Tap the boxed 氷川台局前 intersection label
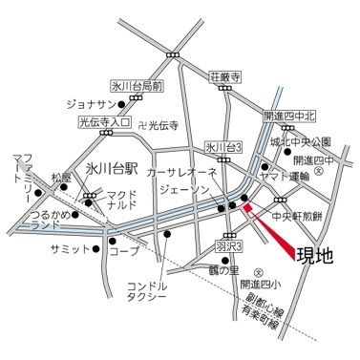tap(138, 85)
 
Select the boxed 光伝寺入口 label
tap(104, 124)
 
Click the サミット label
tap(67, 248)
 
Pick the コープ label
tap(118, 255)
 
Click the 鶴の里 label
tap(225, 271)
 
